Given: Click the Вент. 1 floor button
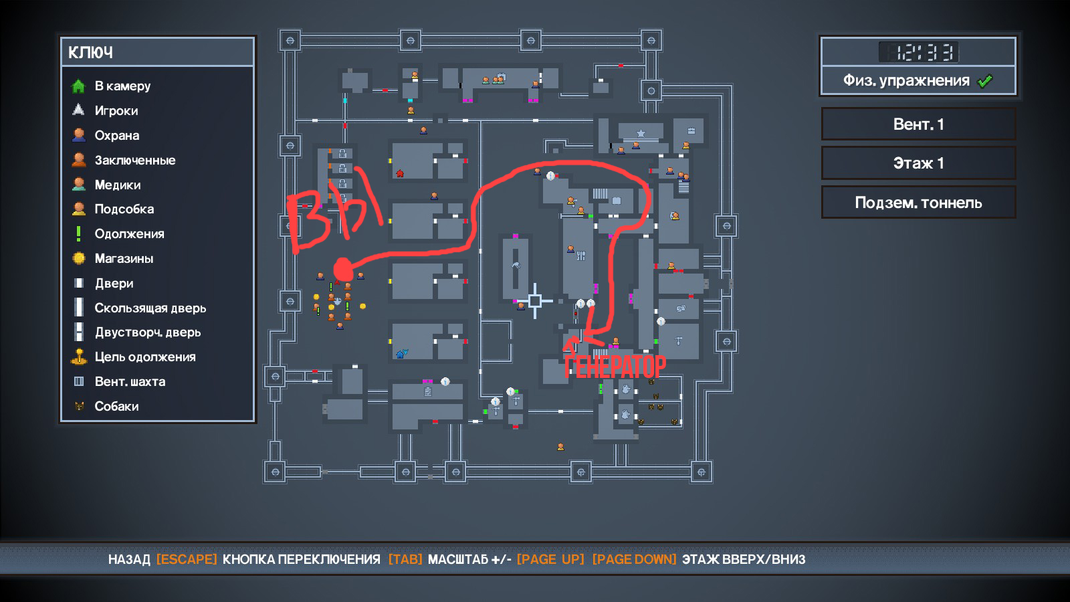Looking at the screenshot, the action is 918,124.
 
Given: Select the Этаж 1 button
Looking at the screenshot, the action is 918,163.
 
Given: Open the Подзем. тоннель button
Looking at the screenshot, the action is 918,203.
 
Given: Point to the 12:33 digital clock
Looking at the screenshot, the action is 918,52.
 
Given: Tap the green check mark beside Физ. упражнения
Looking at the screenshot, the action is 985,81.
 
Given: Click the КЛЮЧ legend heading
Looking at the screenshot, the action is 90,53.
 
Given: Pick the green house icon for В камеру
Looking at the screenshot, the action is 78,86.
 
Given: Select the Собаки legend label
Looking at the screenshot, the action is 116,406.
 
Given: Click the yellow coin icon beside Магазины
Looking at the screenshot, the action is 79,258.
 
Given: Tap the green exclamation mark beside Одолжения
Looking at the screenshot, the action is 78,233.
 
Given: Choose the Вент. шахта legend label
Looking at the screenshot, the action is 130,381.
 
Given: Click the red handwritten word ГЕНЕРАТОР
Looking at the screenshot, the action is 615,367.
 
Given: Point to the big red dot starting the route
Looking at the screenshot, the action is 343,270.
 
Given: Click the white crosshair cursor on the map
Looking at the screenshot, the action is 535,300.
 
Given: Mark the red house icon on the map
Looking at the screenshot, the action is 401,173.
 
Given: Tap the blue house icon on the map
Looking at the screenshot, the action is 402,354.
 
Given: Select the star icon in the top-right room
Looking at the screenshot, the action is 641,133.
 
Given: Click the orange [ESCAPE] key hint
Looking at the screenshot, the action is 187,559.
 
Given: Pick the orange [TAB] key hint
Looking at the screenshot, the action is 405,559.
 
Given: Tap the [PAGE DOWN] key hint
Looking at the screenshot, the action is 635,559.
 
